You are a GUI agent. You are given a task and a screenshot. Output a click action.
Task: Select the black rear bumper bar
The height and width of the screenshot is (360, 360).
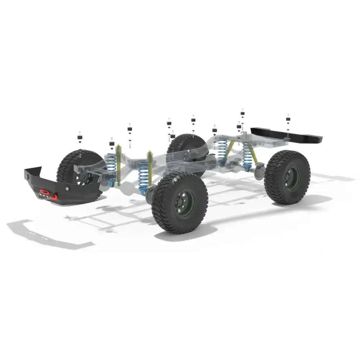(288, 135)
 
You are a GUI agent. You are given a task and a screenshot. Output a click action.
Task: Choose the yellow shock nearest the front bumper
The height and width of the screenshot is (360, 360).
(118, 164)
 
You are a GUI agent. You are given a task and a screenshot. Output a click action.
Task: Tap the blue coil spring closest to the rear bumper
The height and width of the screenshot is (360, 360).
(247, 157)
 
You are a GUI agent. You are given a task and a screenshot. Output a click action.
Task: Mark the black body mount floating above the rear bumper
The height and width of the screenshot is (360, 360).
(288, 120)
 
